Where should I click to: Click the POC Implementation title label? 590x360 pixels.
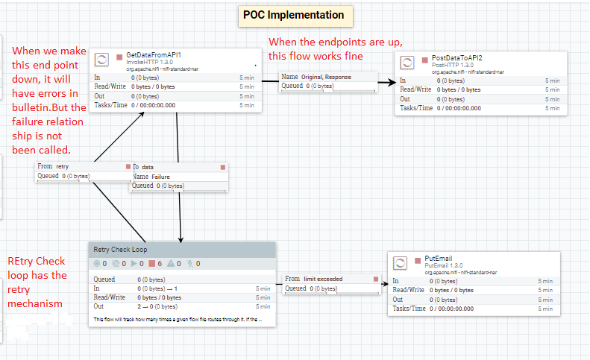click(x=293, y=15)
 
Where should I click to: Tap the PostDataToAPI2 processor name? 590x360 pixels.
click(x=457, y=58)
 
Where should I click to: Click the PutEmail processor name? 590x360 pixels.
click(x=445, y=257)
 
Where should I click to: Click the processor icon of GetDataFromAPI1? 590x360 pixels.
click(x=101, y=61)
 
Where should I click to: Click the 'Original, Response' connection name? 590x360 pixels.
click(x=327, y=77)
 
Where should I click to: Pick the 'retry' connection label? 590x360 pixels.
click(x=62, y=166)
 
